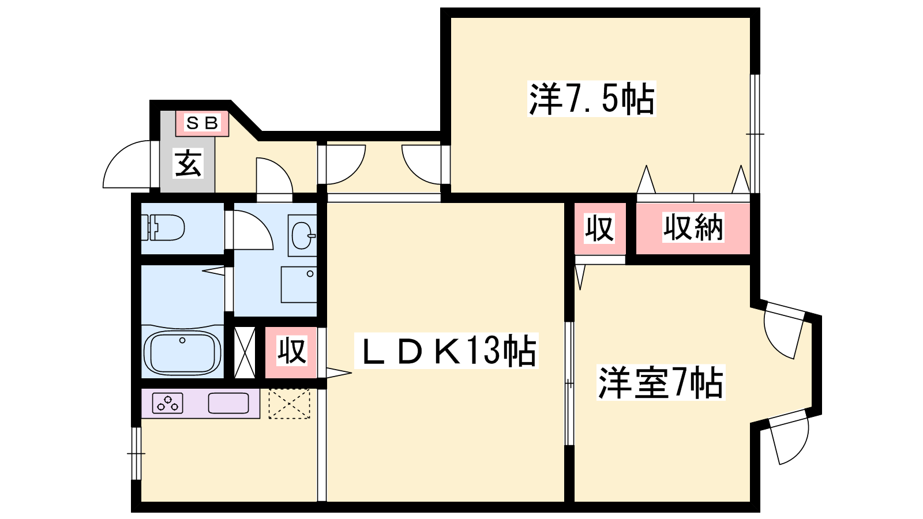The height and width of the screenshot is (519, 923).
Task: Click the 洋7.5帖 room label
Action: point(592,99)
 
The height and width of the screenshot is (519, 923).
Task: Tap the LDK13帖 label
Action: point(447,351)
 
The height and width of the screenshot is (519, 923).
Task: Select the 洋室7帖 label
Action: point(661,382)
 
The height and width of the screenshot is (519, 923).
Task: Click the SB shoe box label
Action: point(202,123)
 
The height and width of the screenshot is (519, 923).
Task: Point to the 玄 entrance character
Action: point(189,163)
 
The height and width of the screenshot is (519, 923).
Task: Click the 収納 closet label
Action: point(693,227)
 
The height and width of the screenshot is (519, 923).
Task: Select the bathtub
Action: point(182,353)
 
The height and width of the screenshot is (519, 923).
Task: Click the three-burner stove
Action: point(168,403)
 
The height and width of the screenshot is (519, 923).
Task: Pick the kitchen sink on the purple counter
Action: point(228,403)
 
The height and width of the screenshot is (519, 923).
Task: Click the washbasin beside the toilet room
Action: point(302,236)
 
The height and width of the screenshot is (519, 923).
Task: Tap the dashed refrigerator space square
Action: point(289,404)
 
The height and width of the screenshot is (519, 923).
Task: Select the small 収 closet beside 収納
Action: point(600,228)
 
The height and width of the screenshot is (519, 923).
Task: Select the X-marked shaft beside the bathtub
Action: point(245,352)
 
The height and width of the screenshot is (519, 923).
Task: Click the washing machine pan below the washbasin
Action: point(299,285)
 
